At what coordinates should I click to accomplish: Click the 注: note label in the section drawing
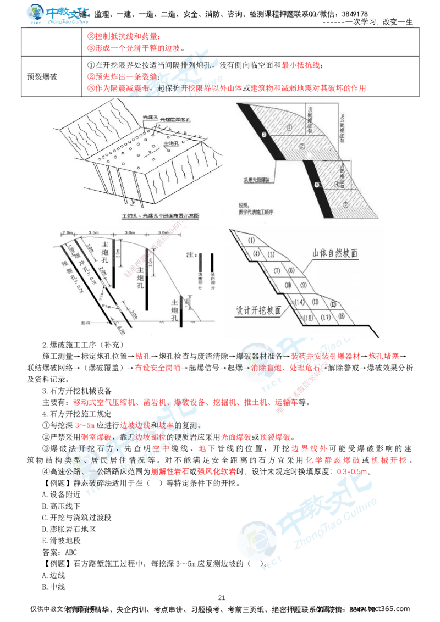coord(191,255)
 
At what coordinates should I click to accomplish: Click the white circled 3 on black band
coord(264,134)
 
